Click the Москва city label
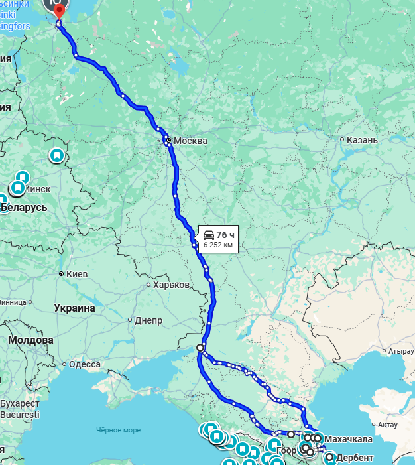point(190,141)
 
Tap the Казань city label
point(362,140)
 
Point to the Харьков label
point(171,285)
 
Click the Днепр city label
point(148,320)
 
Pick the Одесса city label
point(84,364)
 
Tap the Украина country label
point(75,308)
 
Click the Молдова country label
point(30,340)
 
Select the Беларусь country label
point(25,208)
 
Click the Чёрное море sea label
point(118,430)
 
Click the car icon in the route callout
point(208,235)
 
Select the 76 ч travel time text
point(225,235)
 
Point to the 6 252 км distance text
point(217,245)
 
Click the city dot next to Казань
point(341,140)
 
